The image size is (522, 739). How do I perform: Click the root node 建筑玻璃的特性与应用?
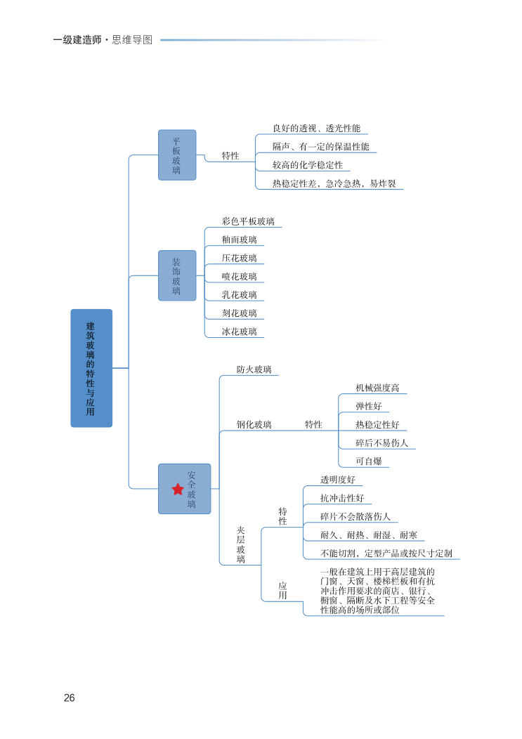[x=91, y=368]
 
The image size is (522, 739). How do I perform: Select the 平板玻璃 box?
[x=176, y=155]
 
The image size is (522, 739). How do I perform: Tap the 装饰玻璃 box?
[x=176, y=276]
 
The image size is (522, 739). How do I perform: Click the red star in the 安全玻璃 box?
[x=177, y=489]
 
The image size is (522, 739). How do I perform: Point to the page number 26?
[x=69, y=698]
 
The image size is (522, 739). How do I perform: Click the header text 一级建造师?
[x=77, y=40]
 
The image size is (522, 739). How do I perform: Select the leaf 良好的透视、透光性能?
[x=316, y=129]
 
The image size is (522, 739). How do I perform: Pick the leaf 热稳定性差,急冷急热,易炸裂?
[x=334, y=183]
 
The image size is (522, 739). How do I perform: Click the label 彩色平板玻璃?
[x=248, y=221]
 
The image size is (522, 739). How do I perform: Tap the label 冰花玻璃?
[x=239, y=332]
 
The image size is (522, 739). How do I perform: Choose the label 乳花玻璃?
[x=239, y=295]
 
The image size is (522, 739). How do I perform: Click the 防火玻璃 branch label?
[x=254, y=369]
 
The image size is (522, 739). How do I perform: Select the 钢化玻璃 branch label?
[x=254, y=424]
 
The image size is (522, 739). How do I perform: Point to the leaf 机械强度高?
[x=377, y=388]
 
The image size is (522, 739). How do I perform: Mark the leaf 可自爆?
[x=368, y=462]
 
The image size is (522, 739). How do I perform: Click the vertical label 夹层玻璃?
[x=240, y=545]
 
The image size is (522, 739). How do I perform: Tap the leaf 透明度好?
[x=338, y=480]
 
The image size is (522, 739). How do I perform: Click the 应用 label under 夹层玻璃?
[x=282, y=591]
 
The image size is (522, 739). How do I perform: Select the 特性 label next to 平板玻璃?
[x=230, y=156]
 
